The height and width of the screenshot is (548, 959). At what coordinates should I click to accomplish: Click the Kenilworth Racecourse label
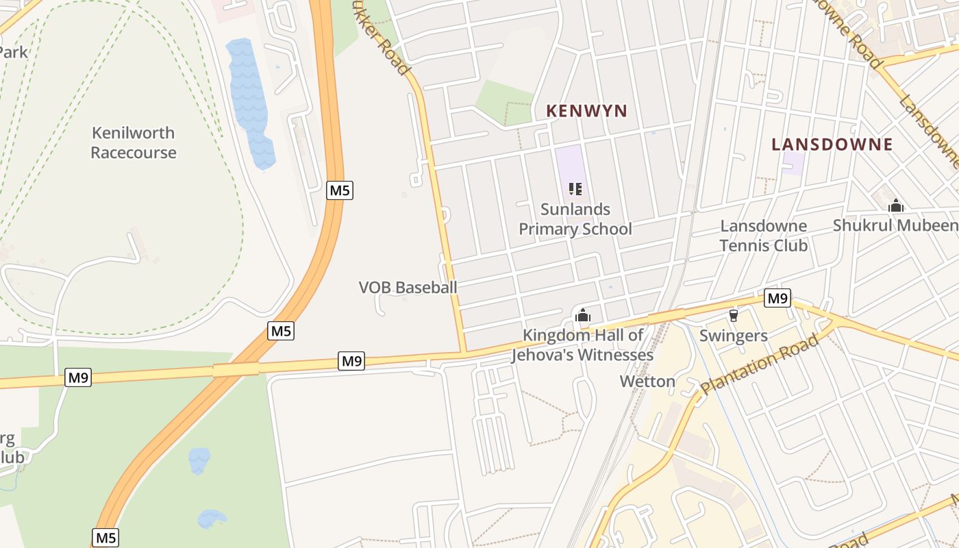[134, 142]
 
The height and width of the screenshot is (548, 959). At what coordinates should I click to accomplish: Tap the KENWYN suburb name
[586, 111]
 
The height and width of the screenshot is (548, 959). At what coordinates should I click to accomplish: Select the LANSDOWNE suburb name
[832, 145]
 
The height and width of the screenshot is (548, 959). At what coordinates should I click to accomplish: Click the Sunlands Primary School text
[575, 219]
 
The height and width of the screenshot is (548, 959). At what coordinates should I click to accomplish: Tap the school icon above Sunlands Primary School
[575, 188]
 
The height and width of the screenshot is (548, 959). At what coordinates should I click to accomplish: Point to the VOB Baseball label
[408, 288]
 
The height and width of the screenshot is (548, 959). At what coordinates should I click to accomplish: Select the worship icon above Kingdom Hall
[583, 315]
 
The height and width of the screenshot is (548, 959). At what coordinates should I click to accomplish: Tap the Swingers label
[733, 336]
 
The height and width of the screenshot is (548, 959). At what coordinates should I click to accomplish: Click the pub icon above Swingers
[734, 315]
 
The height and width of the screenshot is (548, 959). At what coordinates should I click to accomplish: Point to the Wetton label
[647, 382]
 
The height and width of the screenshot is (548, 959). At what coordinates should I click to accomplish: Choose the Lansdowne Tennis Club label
[763, 235]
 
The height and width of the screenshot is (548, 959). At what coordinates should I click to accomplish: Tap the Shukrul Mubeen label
[895, 225]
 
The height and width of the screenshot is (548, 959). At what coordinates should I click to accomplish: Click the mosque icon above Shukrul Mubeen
[895, 206]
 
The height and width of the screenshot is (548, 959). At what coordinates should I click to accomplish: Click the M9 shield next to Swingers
[777, 298]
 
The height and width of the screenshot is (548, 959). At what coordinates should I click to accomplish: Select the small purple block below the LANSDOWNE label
[793, 163]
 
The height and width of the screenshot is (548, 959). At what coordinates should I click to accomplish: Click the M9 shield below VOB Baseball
[351, 361]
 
